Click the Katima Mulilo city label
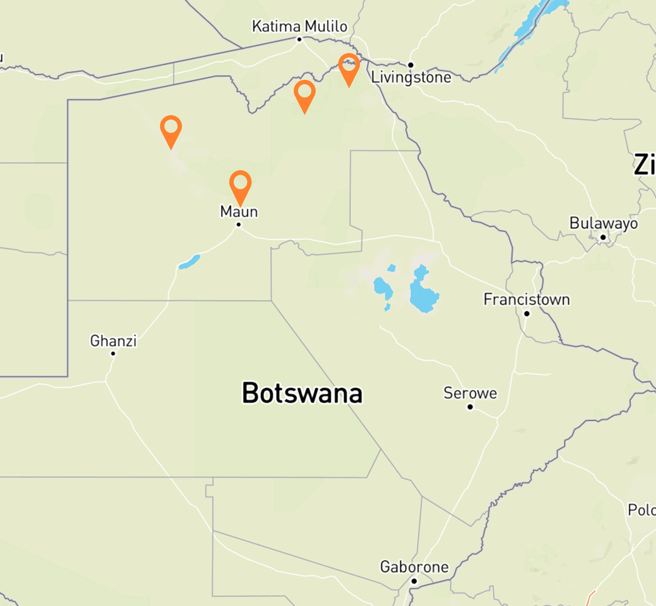[x=300, y=26]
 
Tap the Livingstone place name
[x=411, y=77]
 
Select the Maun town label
[x=239, y=211]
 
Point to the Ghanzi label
[x=114, y=341]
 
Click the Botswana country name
[x=302, y=393]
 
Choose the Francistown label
[x=527, y=299]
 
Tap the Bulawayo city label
[x=604, y=223]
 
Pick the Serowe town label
[x=470, y=393]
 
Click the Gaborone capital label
[x=414, y=567]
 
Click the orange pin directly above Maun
[x=240, y=185]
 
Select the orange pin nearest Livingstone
[x=349, y=68]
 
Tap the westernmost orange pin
[x=171, y=129]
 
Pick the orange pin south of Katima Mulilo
[x=304, y=94]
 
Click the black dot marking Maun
[x=239, y=225]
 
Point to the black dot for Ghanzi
[x=113, y=353]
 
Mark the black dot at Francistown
[x=527, y=314]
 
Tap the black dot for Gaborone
[x=414, y=581]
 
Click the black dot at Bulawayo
[x=603, y=237]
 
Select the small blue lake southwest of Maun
[x=190, y=262]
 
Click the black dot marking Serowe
[x=470, y=407]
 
